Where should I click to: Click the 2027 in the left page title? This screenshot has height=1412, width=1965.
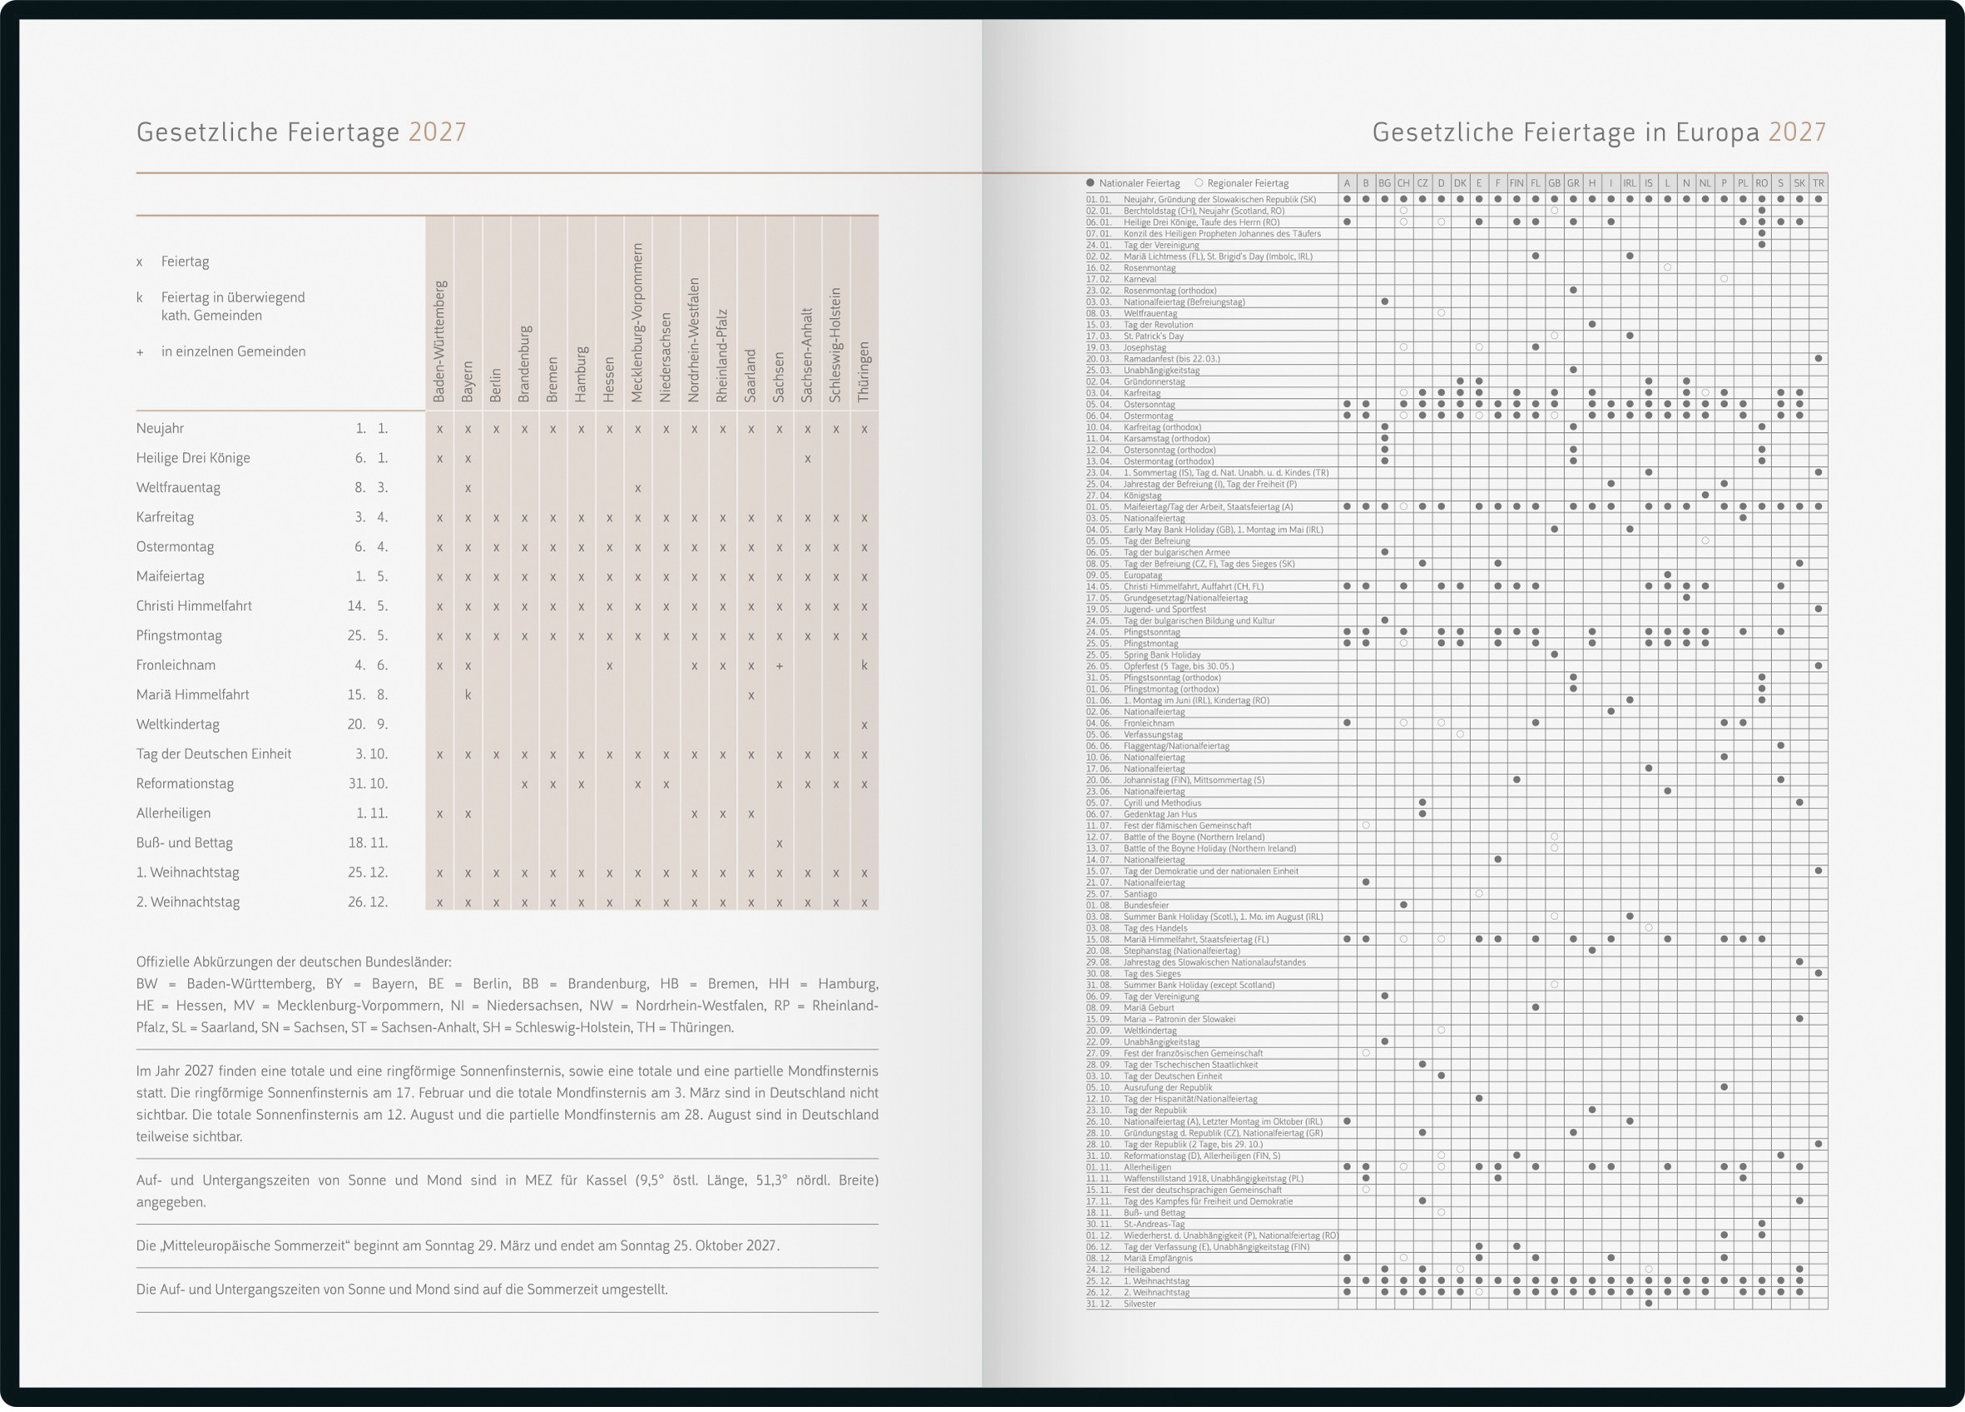coord(438,132)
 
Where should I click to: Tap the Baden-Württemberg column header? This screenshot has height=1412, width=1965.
coord(439,341)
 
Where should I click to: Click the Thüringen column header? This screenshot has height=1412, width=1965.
coord(864,372)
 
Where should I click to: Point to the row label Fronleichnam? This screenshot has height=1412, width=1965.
coord(176,665)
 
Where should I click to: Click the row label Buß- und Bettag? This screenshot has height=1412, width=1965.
coord(185,843)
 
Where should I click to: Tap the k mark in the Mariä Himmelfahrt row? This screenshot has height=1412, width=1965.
coord(468,694)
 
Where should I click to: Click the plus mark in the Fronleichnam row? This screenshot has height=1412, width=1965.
coord(780,666)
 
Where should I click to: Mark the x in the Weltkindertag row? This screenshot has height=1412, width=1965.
coord(864,725)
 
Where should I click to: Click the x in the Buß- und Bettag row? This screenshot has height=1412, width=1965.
coord(780,843)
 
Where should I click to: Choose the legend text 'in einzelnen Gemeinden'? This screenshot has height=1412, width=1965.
coord(233,351)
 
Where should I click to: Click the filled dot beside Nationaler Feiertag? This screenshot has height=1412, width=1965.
coord(1090,183)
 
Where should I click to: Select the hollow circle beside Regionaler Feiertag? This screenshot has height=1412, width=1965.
coord(1199,183)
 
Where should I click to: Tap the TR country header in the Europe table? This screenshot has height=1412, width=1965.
coord(1818,183)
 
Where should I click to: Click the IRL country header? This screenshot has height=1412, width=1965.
coord(1630,183)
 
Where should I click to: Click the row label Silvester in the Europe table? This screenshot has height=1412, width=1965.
coord(1140,1304)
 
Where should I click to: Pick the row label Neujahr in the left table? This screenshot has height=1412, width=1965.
coord(161,428)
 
